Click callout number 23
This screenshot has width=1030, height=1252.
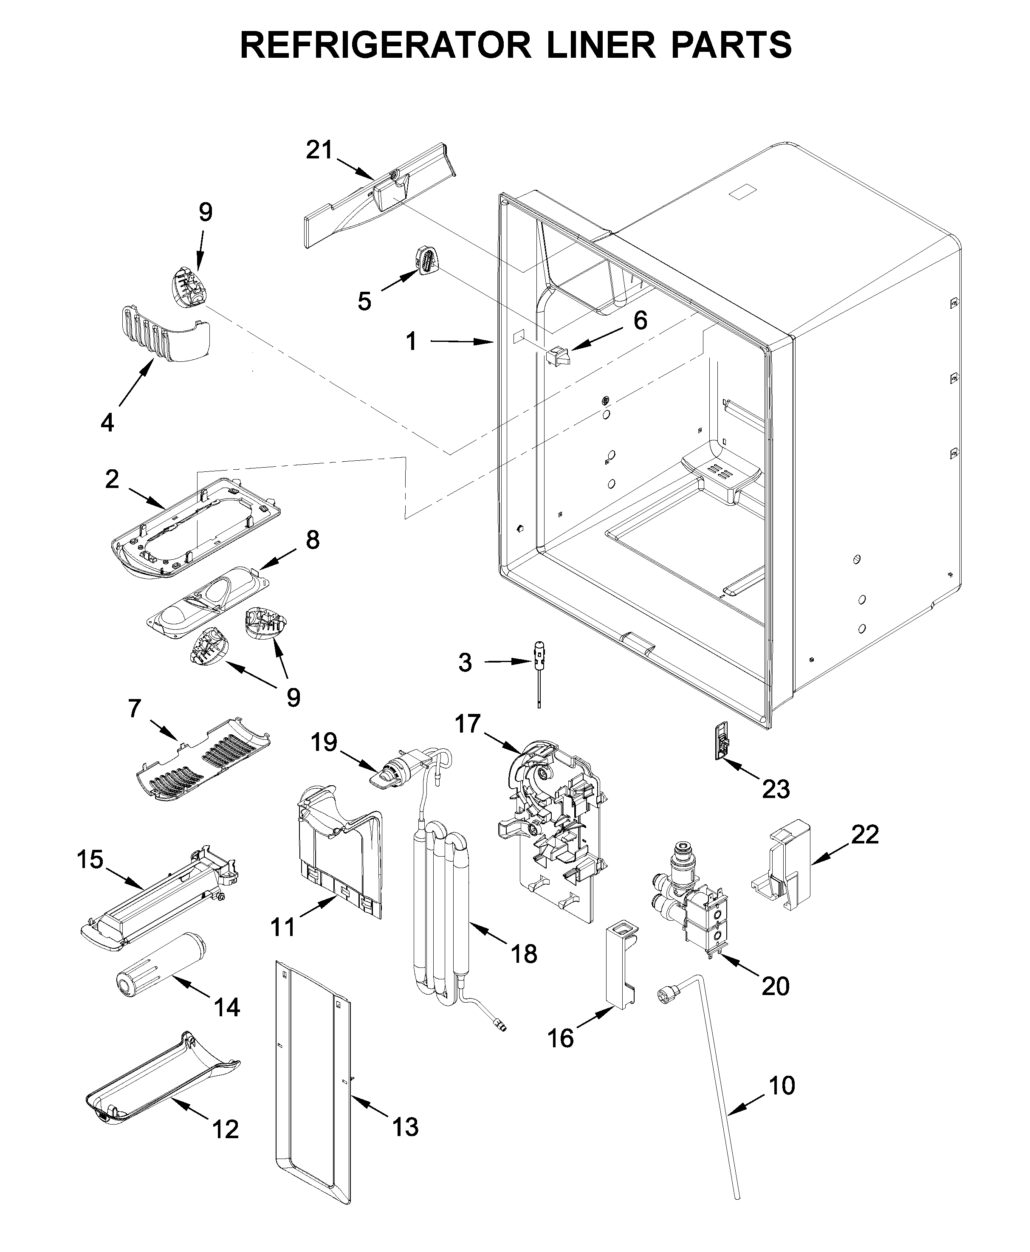[776, 790]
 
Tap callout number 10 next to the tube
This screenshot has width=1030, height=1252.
[782, 1086]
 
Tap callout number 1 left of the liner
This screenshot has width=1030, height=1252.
[411, 342]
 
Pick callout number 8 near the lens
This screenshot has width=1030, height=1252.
[312, 540]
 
